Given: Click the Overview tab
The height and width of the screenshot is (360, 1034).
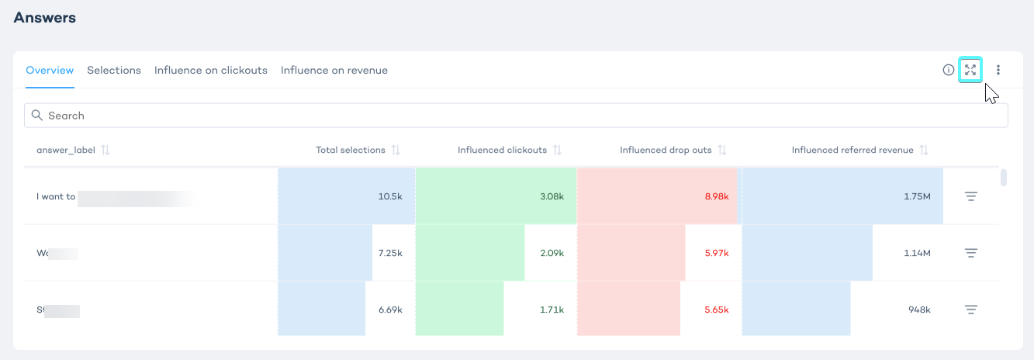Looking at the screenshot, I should [50, 71].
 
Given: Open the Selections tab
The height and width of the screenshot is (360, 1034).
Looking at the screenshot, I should [114, 71].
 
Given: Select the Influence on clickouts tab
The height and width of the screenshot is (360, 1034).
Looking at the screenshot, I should [211, 71].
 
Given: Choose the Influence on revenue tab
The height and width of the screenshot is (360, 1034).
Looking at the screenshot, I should [334, 71].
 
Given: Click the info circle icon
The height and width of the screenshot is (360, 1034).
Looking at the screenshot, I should [948, 70].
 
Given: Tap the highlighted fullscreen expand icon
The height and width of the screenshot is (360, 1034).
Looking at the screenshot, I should [970, 70].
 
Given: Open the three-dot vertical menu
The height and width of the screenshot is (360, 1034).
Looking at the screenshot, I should [998, 70].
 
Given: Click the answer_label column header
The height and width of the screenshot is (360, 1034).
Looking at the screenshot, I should [66, 150].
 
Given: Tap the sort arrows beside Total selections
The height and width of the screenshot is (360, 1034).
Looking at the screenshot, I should [396, 150].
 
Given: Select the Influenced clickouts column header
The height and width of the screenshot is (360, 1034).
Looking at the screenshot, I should [502, 150].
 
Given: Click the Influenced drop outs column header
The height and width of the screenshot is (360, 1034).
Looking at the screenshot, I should [666, 150].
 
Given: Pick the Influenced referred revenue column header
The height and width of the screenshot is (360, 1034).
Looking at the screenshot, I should [852, 150].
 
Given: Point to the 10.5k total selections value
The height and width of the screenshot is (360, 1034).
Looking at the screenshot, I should [390, 197].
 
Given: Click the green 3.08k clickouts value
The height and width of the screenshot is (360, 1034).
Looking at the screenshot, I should [552, 197].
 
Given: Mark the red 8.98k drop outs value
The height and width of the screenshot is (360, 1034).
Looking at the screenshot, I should [717, 197].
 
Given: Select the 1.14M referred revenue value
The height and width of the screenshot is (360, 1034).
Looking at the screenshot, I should [917, 253].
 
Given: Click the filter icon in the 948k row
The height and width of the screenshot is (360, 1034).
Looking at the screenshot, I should [970, 310].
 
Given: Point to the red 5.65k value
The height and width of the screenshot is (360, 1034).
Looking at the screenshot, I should [717, 310].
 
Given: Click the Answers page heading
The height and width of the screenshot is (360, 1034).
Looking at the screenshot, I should [45, 17].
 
